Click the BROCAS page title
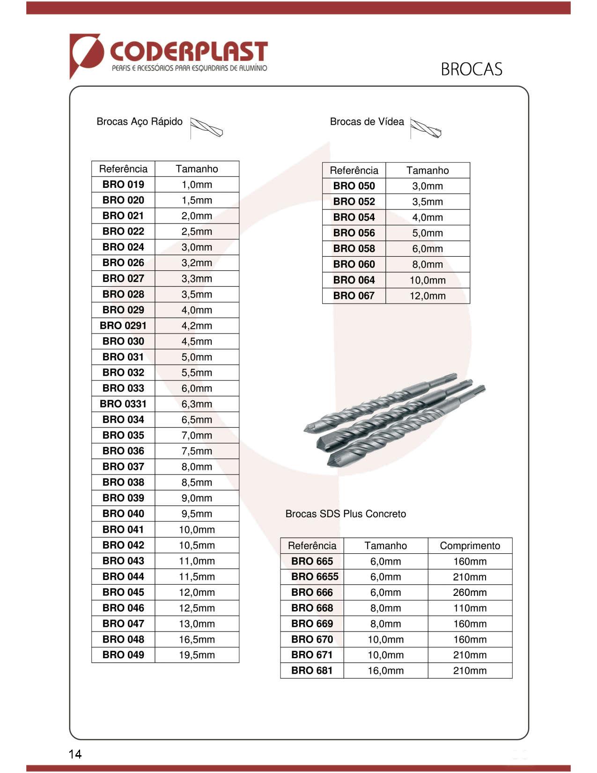(x=471, y=69)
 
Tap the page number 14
(x=75, y=754)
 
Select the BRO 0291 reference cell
(x=123, y=326)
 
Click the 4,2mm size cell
(x=197, y=326)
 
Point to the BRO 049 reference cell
(x=123, y=655)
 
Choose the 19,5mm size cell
(x=197, y=655)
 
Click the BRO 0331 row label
(x=123, y=404)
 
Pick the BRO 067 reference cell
(x=354, y=296)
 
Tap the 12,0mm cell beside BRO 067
(x=427, y=296)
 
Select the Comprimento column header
(x=470, y=546)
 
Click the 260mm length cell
(x=470, y=593)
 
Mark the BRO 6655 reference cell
(x=312, y=577)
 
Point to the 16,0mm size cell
(x=385, y=671)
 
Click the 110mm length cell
(x=470, y=608)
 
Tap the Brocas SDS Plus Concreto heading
(x=346, y=514)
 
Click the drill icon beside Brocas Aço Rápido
(x=206, y=127)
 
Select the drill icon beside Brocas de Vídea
(x=426, y=128)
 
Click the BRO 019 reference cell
(x=123, y=185)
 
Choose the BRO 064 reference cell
(x=354, y=280)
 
